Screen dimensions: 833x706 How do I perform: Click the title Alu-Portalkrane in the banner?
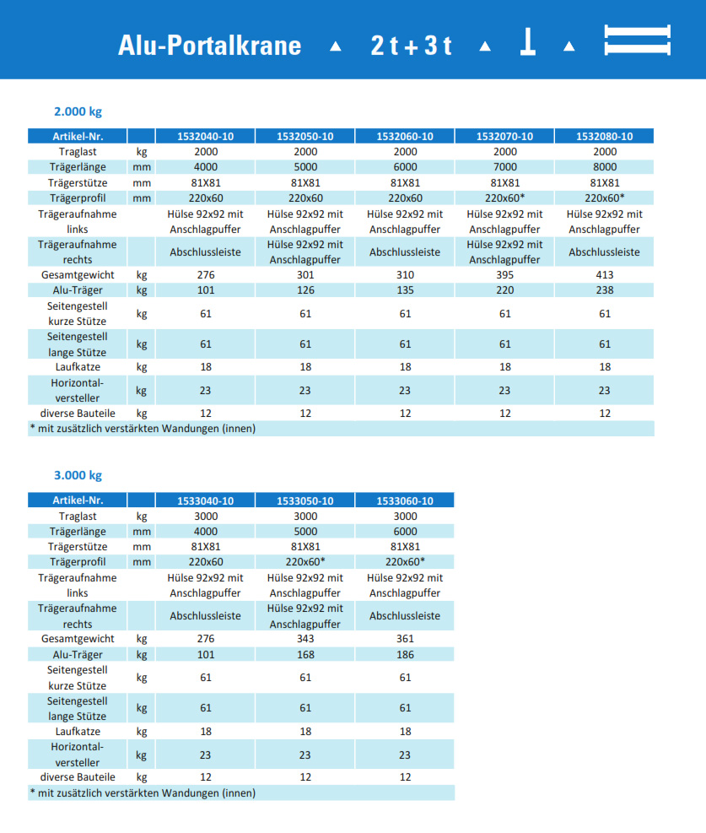[209, 44]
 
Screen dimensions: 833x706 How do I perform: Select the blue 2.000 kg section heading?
[78, 111]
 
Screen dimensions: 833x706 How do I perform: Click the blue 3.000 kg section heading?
[78, 475]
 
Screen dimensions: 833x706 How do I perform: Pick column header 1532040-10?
[205, 137]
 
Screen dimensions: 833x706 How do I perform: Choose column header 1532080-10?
[604, 137]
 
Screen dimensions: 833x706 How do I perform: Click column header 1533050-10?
[304, 500]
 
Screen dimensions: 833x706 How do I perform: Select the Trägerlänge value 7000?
[504, 167]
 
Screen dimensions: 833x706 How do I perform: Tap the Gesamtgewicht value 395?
[504, 275]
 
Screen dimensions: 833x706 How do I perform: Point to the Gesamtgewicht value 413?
[604, 275]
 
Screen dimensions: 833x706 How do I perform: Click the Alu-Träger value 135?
[405, 290]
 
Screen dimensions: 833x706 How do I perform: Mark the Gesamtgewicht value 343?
[304, 639]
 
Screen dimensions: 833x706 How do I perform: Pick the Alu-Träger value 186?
[405, 654]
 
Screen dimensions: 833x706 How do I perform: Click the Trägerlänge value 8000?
[604, 167]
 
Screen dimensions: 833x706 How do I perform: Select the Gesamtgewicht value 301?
[304, 275]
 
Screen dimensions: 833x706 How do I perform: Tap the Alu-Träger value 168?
[304, 654]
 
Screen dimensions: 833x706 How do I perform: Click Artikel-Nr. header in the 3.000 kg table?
[77, 500]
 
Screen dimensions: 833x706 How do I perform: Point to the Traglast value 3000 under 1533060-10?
[405, 517]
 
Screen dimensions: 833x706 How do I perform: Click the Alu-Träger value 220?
[504, 290]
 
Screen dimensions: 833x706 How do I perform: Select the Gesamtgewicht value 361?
[405, 639]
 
